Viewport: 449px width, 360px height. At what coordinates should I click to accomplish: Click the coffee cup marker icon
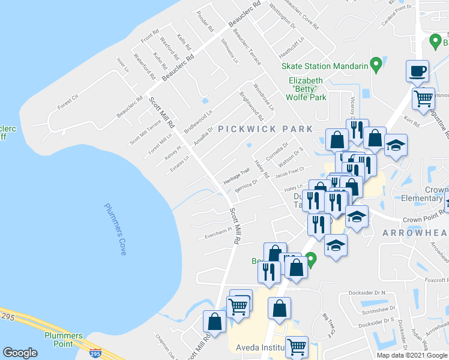pyautogui.click(x=417, y=71)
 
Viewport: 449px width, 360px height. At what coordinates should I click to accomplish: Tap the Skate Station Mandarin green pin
pyautogui.click(x=376, y=63)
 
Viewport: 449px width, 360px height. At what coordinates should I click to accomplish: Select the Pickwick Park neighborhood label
pyautogui.click(x=265, y=128)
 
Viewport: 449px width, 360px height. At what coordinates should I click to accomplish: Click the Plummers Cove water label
pyautogui.click(x=115, y=229)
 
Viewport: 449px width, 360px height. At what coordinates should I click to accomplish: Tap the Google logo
pyautogui.click(x=20, y=353)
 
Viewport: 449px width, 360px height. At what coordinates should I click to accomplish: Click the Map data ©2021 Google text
pyautogui.click(x=412, y=355)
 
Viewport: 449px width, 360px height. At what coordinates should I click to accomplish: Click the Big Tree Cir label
pyautogui.click(x=328, y=324)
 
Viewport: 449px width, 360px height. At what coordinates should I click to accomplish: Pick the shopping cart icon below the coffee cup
pyautogui.click(x=424, y=98)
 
